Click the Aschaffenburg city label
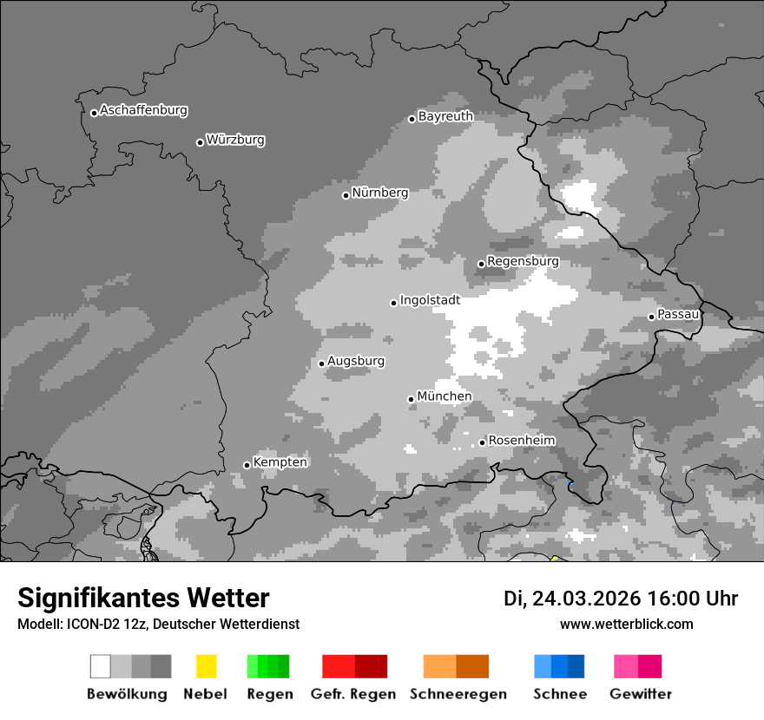[x=143, y=110]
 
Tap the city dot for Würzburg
[x=200, y=142]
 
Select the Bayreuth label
[x=445, y=116]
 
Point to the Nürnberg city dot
[x=346, y=195]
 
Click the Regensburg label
[x=523, y=261]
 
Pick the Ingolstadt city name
[x=430, y=300]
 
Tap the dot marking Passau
[x=651, y=317]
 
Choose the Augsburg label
[x=356, y=361]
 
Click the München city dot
[x=412, y=399]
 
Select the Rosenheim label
[x=521, y=441]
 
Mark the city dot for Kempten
[x=247, y=465]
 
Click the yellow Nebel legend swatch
[x=206, y=666]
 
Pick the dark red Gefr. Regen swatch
[x=371, y=666]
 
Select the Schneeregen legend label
[x=458, y=694]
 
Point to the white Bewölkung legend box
[x=101, y=666]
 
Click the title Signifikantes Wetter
[x=143, y=598]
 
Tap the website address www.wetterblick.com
[x=626, y=624]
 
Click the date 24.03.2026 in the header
[x=586, y=599]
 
